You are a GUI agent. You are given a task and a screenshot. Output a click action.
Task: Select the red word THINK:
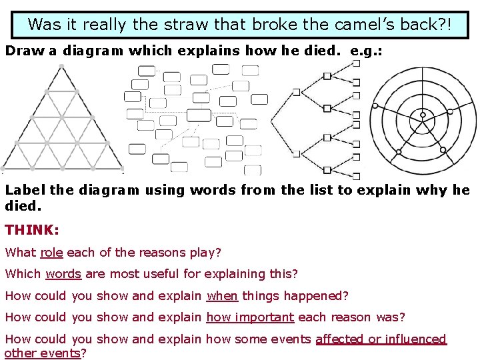coord(32,230)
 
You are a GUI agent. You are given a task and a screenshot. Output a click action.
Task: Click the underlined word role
coord(51,253)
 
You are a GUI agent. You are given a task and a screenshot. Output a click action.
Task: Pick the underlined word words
coord(63,274)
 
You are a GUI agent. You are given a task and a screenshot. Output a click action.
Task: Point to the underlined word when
coord(223,295)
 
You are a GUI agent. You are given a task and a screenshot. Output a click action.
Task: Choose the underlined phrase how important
coord(250,317)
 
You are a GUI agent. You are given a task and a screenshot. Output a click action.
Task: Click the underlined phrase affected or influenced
coord(381,339)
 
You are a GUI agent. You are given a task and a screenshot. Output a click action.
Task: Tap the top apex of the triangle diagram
coord(61,66)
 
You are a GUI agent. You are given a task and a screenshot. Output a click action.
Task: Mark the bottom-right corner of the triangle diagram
coord(123,167)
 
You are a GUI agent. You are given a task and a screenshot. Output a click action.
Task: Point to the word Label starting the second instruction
coord(25,190)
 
